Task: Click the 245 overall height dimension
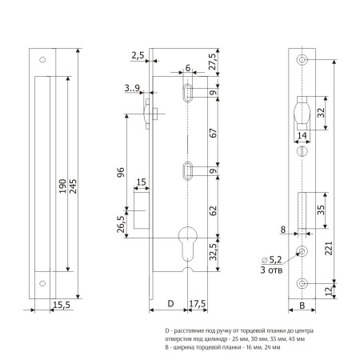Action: (73, 186)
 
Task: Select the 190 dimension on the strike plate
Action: (62, 186)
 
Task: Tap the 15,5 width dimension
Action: (62, 305)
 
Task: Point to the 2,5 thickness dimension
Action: (138, 55)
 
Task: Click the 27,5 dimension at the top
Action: (213, 62)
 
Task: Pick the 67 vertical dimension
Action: (213, 133)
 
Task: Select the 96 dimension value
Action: (121, 173)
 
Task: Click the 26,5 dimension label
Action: (121, 224)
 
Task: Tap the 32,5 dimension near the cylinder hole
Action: (213, 252)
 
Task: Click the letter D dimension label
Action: (170, 303)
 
